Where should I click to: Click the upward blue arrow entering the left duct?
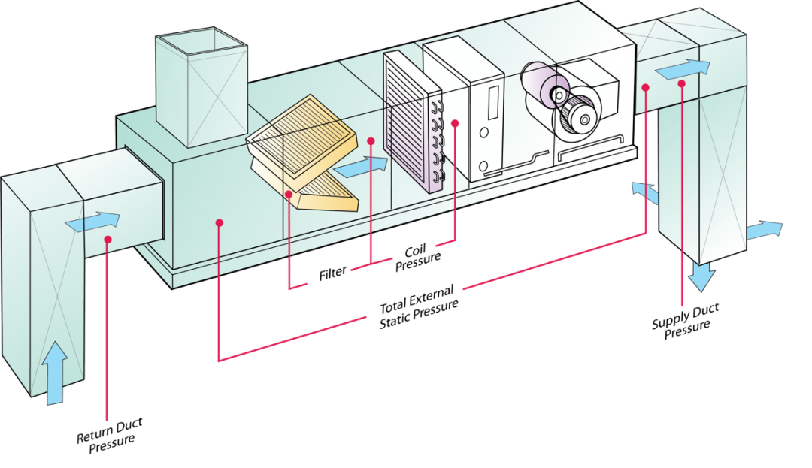point(54,372)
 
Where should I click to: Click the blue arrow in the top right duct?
point(682,69)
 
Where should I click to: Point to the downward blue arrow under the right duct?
point(701,276)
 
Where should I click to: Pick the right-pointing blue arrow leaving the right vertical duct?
point(764,230)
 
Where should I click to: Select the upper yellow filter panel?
point(303,139)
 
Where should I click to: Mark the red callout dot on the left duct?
point(108,240)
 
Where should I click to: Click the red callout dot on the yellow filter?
point(289,194)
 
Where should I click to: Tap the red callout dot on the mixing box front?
point(218,222)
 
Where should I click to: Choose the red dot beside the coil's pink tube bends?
point(455,122)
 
